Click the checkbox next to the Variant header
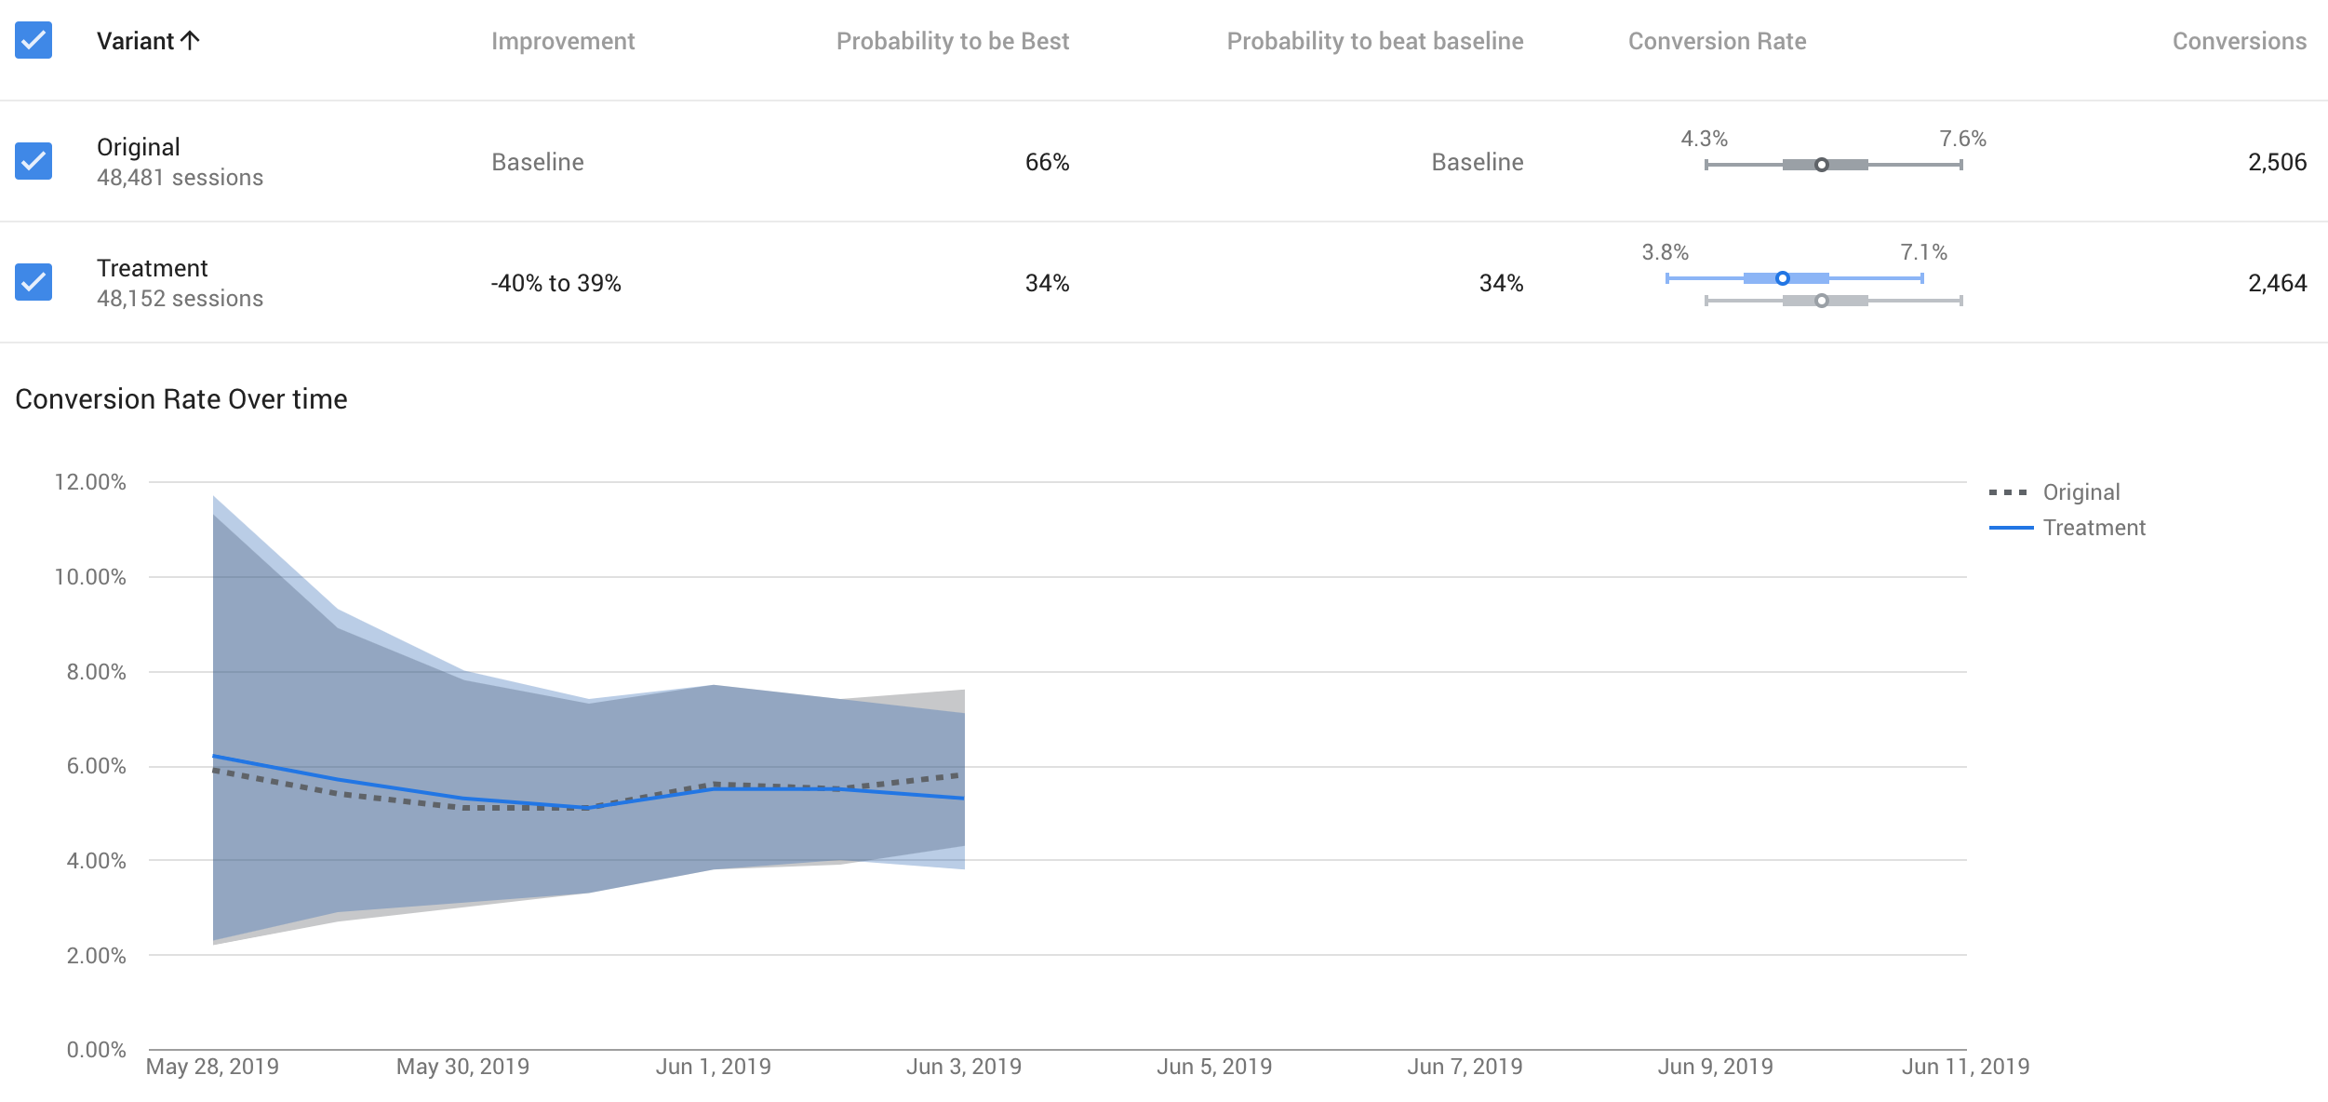[33, 41]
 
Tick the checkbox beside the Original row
[33, 161]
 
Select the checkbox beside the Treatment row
[33, 282]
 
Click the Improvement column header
[562, 41]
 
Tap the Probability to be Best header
[952, 41]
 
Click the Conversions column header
[2239, 41]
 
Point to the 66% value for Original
[1047, 162]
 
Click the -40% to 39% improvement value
[555, 283]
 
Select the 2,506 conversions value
[2277, 162]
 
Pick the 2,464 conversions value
[2277, 283]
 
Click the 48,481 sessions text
[180, 178]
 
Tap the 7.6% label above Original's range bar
[1962, 139]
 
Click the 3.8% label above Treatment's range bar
[1665, 252]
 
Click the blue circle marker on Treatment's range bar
[1782, 278]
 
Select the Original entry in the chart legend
[2080, 492]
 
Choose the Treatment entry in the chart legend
[2094, 528]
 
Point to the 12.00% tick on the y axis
[90, 482]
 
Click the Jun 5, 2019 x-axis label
[1213, 1067]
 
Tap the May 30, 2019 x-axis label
[462, 1067]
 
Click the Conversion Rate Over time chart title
[181, 399]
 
